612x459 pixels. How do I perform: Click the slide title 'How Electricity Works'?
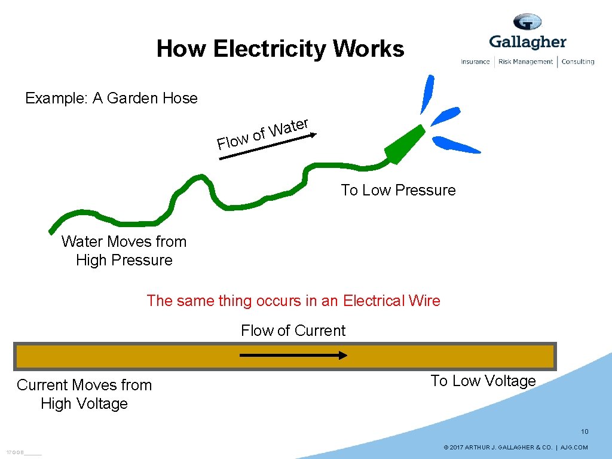[280, 49]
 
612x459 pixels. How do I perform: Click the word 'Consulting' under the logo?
[577, 62]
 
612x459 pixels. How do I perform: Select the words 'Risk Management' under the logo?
[525, 62]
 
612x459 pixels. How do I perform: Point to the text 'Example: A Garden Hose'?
[111, 98]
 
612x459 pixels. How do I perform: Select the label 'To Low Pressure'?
[398, 190]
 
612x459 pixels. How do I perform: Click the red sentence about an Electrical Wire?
[293, 301]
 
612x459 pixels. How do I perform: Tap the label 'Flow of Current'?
[293, 331]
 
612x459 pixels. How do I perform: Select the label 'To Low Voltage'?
[483, 381]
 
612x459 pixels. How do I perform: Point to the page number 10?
[585, 432]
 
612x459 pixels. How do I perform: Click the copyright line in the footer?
[515, 447]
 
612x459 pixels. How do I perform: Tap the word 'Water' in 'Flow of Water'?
[289, 127]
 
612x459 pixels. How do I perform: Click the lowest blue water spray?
[455, 145]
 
